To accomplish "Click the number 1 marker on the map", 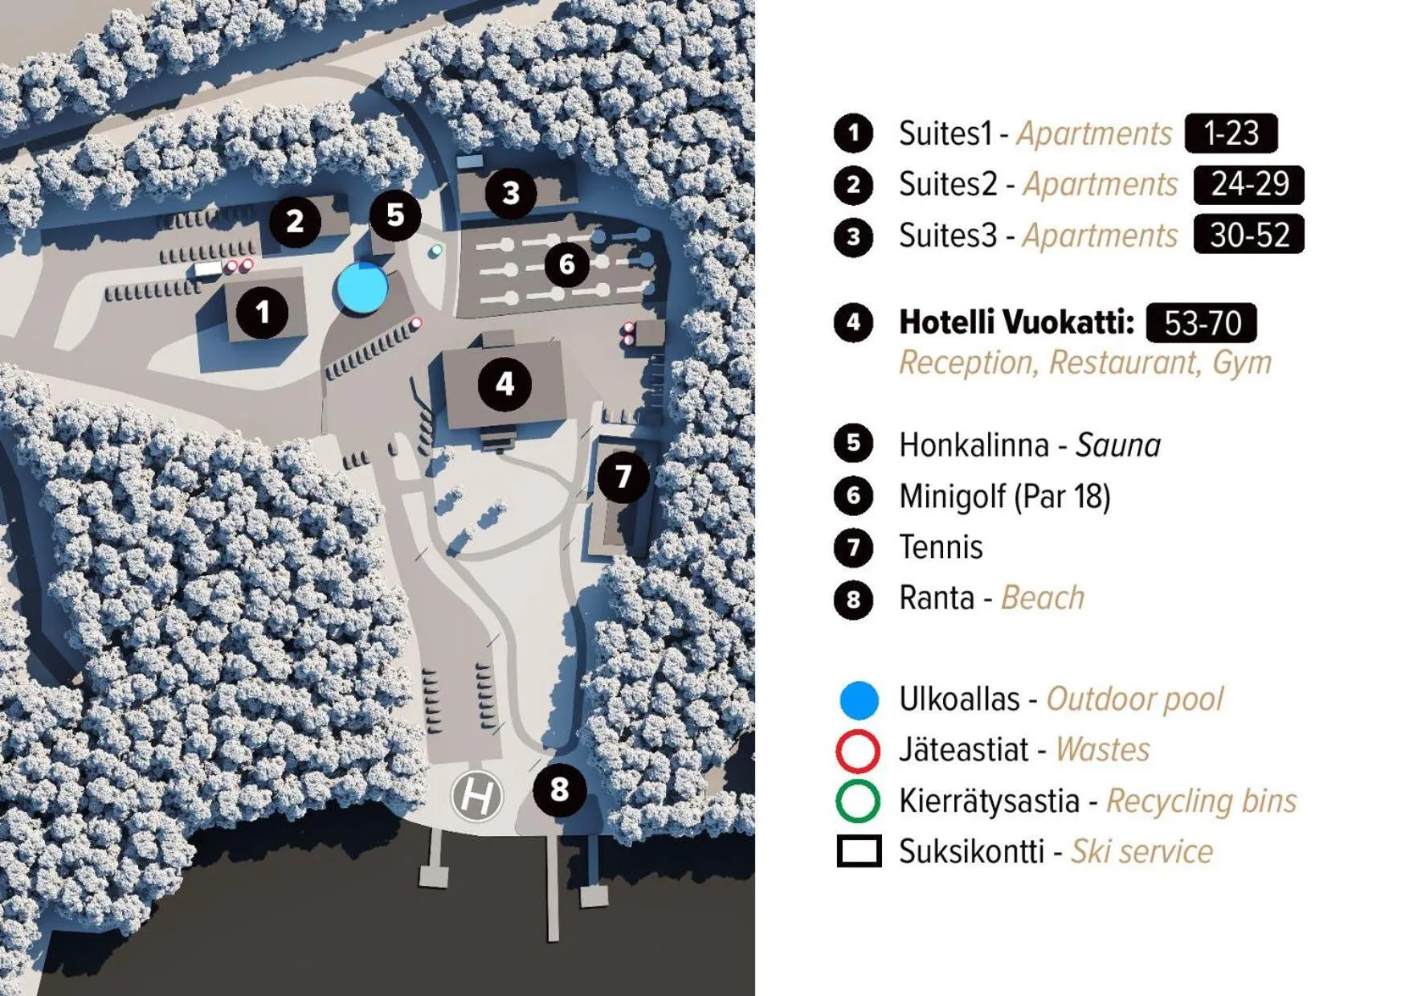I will pyautogui.click(x=262, y=312).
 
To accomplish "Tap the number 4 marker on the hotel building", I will pyautogui.click(x=504, y=384).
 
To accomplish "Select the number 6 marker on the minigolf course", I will pyautogui.click(x=567, y=264).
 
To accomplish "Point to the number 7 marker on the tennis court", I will pyautogui.click(x=623, y=477).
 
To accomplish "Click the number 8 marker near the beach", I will pyautogui.click(x=560, y=789).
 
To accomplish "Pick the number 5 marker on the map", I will pyautogui.click(x=395, y=215).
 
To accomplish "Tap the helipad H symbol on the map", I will pyautogui.click(x=477, y=797).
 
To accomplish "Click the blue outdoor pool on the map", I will pyautogui.click(x=361, y=287).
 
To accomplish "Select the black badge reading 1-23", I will pyautogui.click(x=1231, y=133).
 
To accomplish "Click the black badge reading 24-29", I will pyautogui.click(x=1249, y=184).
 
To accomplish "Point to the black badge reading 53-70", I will pyautogui.click(x=1202, y=323).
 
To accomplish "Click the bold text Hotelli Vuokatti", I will pyautogui.click(x=1016, y=322).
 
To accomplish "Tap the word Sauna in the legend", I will pyautogui.click(x=1118, y=445).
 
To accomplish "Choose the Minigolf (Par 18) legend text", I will pyautogui.click(x=1004, y=497).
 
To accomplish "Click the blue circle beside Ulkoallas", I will pyautogui.click(x=859, y=699).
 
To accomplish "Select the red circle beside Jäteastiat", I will pyautogui.click(x=858, y=751).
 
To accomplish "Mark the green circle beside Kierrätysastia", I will pyautogui.click(x=858, y=801).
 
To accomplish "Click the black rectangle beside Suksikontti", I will pyautogui.click(x=859, y=852).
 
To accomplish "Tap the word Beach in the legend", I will pyautogui.click(x=1043, y=598).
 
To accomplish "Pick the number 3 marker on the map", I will pyautogui.click(x=511, y=193).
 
